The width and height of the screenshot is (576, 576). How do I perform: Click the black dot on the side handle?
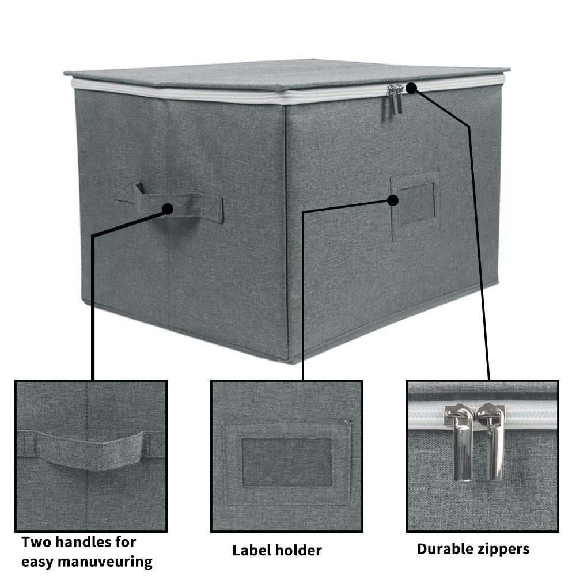point(168,209)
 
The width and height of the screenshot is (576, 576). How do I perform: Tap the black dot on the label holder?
point(393,200)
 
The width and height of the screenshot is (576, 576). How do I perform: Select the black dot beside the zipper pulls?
point(410,88)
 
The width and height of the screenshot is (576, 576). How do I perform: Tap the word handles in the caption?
point(86,542)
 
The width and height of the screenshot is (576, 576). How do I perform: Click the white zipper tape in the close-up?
point(426,416)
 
